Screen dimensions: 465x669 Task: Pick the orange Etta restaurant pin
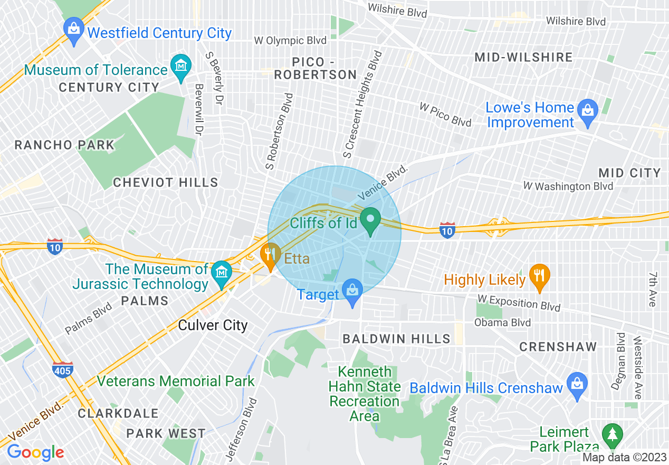click(271, 255)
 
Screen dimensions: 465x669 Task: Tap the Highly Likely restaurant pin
click(539, 276)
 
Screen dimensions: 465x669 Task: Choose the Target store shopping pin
click(352, 291)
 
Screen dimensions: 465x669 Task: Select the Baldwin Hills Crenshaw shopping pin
click(577, 384)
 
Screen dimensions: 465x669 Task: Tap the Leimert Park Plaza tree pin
click(612, 435)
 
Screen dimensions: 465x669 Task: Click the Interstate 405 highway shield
click(62, 370)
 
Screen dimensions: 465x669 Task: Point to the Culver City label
click(213, 325)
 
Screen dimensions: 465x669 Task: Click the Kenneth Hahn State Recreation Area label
click(365, 394)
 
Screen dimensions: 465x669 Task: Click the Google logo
click(35, 452)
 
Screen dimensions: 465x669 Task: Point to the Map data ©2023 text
click(625, 458)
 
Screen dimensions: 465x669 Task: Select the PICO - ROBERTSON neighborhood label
click(316, 69)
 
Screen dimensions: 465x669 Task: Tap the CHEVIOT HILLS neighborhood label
click(165, 183)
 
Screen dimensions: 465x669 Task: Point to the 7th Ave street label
click(653, 290)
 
